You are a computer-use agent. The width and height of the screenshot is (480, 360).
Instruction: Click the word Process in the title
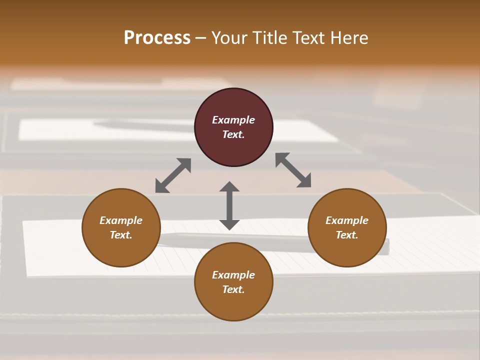click(157, 38)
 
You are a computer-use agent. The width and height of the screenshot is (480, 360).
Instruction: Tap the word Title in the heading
click(269, 38)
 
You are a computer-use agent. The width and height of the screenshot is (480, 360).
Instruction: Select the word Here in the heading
click(348, 38)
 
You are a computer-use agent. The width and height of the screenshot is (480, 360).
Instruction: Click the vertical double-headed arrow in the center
click(229, 205)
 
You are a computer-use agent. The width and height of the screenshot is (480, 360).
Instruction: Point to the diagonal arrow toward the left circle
click(173, 175)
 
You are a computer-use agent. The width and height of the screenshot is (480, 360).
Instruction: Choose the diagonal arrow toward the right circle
click(293, 170)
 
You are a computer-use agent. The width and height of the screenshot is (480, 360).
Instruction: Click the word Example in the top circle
click(233, 120)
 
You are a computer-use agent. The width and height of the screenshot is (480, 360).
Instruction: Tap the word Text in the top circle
click(233, 134)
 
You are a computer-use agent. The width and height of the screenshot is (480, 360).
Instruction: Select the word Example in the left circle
click(121, 220)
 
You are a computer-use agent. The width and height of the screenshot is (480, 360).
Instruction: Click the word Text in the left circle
click(121, 235)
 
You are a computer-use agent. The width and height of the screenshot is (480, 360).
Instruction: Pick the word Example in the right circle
click(347, 220)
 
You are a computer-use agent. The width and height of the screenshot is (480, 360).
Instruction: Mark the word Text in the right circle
click(347, 235)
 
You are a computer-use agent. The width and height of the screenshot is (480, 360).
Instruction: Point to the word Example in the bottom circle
click(233, 275)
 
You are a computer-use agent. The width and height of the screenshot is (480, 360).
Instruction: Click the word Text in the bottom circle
click(233, 289)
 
